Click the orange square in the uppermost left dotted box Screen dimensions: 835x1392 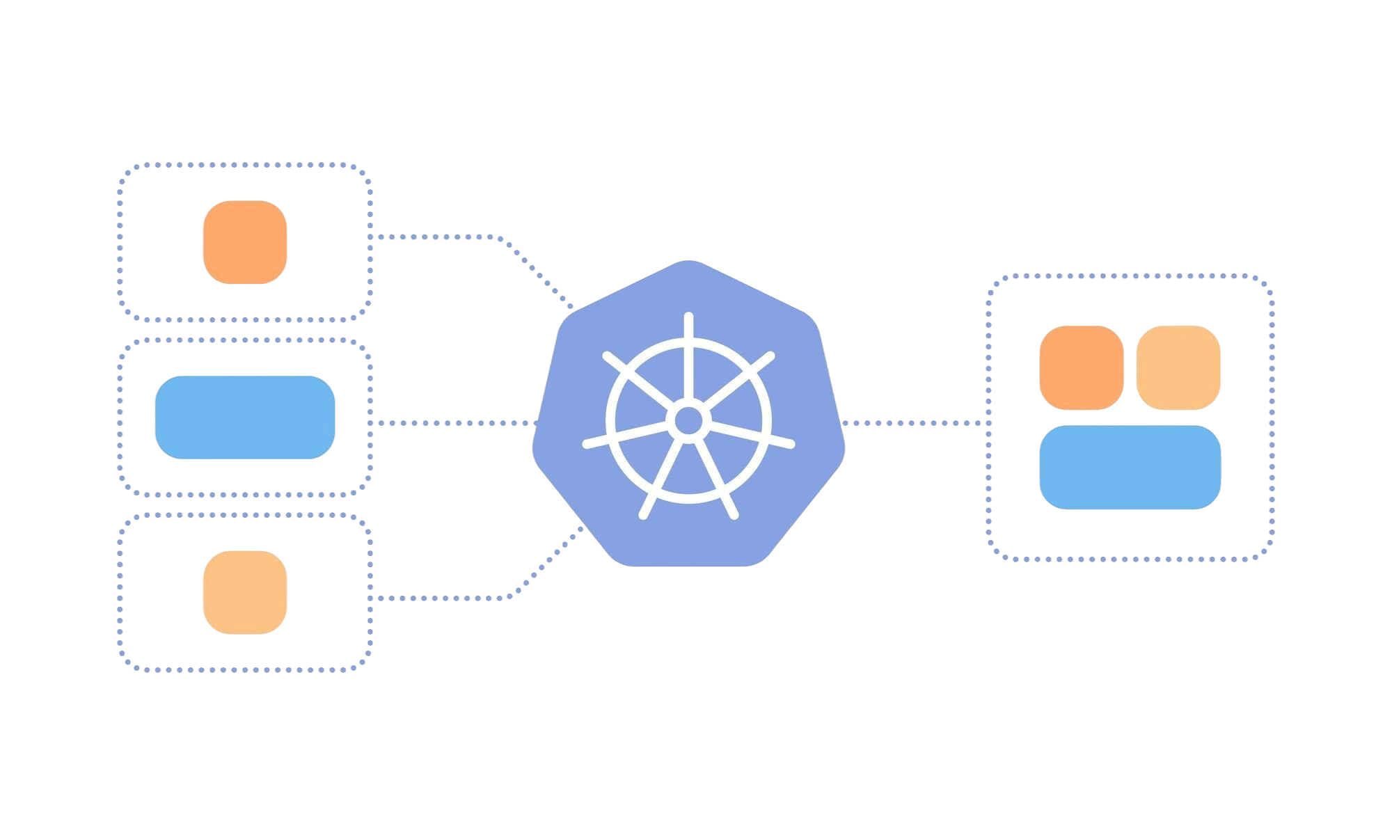(x=245, y=242)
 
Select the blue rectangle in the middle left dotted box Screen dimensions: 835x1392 (x=245, y=417)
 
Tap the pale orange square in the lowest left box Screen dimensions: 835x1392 (x=245, y=592)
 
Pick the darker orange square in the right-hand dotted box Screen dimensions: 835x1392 (x=1081, y=367)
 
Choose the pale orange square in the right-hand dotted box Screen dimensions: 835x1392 (x=1178, y=367)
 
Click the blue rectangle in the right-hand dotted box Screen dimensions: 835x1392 (x=1130, y=468)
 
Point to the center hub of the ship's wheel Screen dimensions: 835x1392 (x=688, y=420)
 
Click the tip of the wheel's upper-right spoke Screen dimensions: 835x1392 (x=770, y=356)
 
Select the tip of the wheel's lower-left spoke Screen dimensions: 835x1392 (x=643, y=515)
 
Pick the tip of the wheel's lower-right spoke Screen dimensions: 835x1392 (x=734, y=515)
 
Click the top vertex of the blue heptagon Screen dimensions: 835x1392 (x=688, y=262)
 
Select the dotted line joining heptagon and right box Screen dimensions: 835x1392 (x=915, y=422)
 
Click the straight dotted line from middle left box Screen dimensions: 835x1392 (x=452, y=422)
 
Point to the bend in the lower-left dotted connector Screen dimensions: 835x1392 (x=514, y=595)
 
